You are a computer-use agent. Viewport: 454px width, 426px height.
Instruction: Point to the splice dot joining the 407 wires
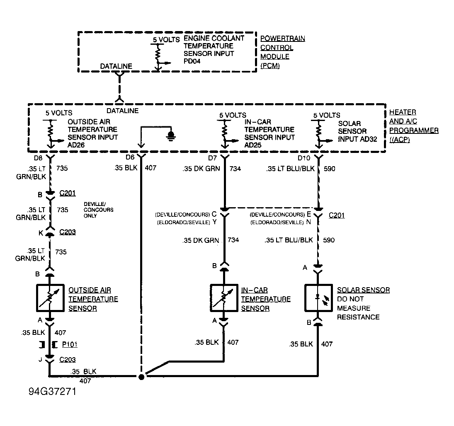141,377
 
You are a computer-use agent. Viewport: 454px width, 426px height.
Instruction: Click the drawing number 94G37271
52,391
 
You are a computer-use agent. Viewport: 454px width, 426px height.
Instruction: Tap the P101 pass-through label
70,344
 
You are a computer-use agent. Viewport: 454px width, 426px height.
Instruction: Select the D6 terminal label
130,157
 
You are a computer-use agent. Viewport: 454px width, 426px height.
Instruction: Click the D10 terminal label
304,158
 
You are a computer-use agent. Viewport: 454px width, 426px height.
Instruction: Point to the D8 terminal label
38,158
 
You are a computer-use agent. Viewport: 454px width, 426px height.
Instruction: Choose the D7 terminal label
212,158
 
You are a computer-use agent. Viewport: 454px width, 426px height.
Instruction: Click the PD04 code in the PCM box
192,61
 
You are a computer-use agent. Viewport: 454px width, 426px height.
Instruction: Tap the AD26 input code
76,145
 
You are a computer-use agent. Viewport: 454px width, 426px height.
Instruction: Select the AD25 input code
253,145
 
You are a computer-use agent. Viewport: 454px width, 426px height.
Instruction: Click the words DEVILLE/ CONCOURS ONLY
98,210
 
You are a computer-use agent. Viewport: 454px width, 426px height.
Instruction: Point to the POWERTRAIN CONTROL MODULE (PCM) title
283,52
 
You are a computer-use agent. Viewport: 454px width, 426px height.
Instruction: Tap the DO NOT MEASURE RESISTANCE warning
358,308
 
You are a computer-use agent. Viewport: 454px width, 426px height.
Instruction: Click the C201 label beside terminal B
68,193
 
